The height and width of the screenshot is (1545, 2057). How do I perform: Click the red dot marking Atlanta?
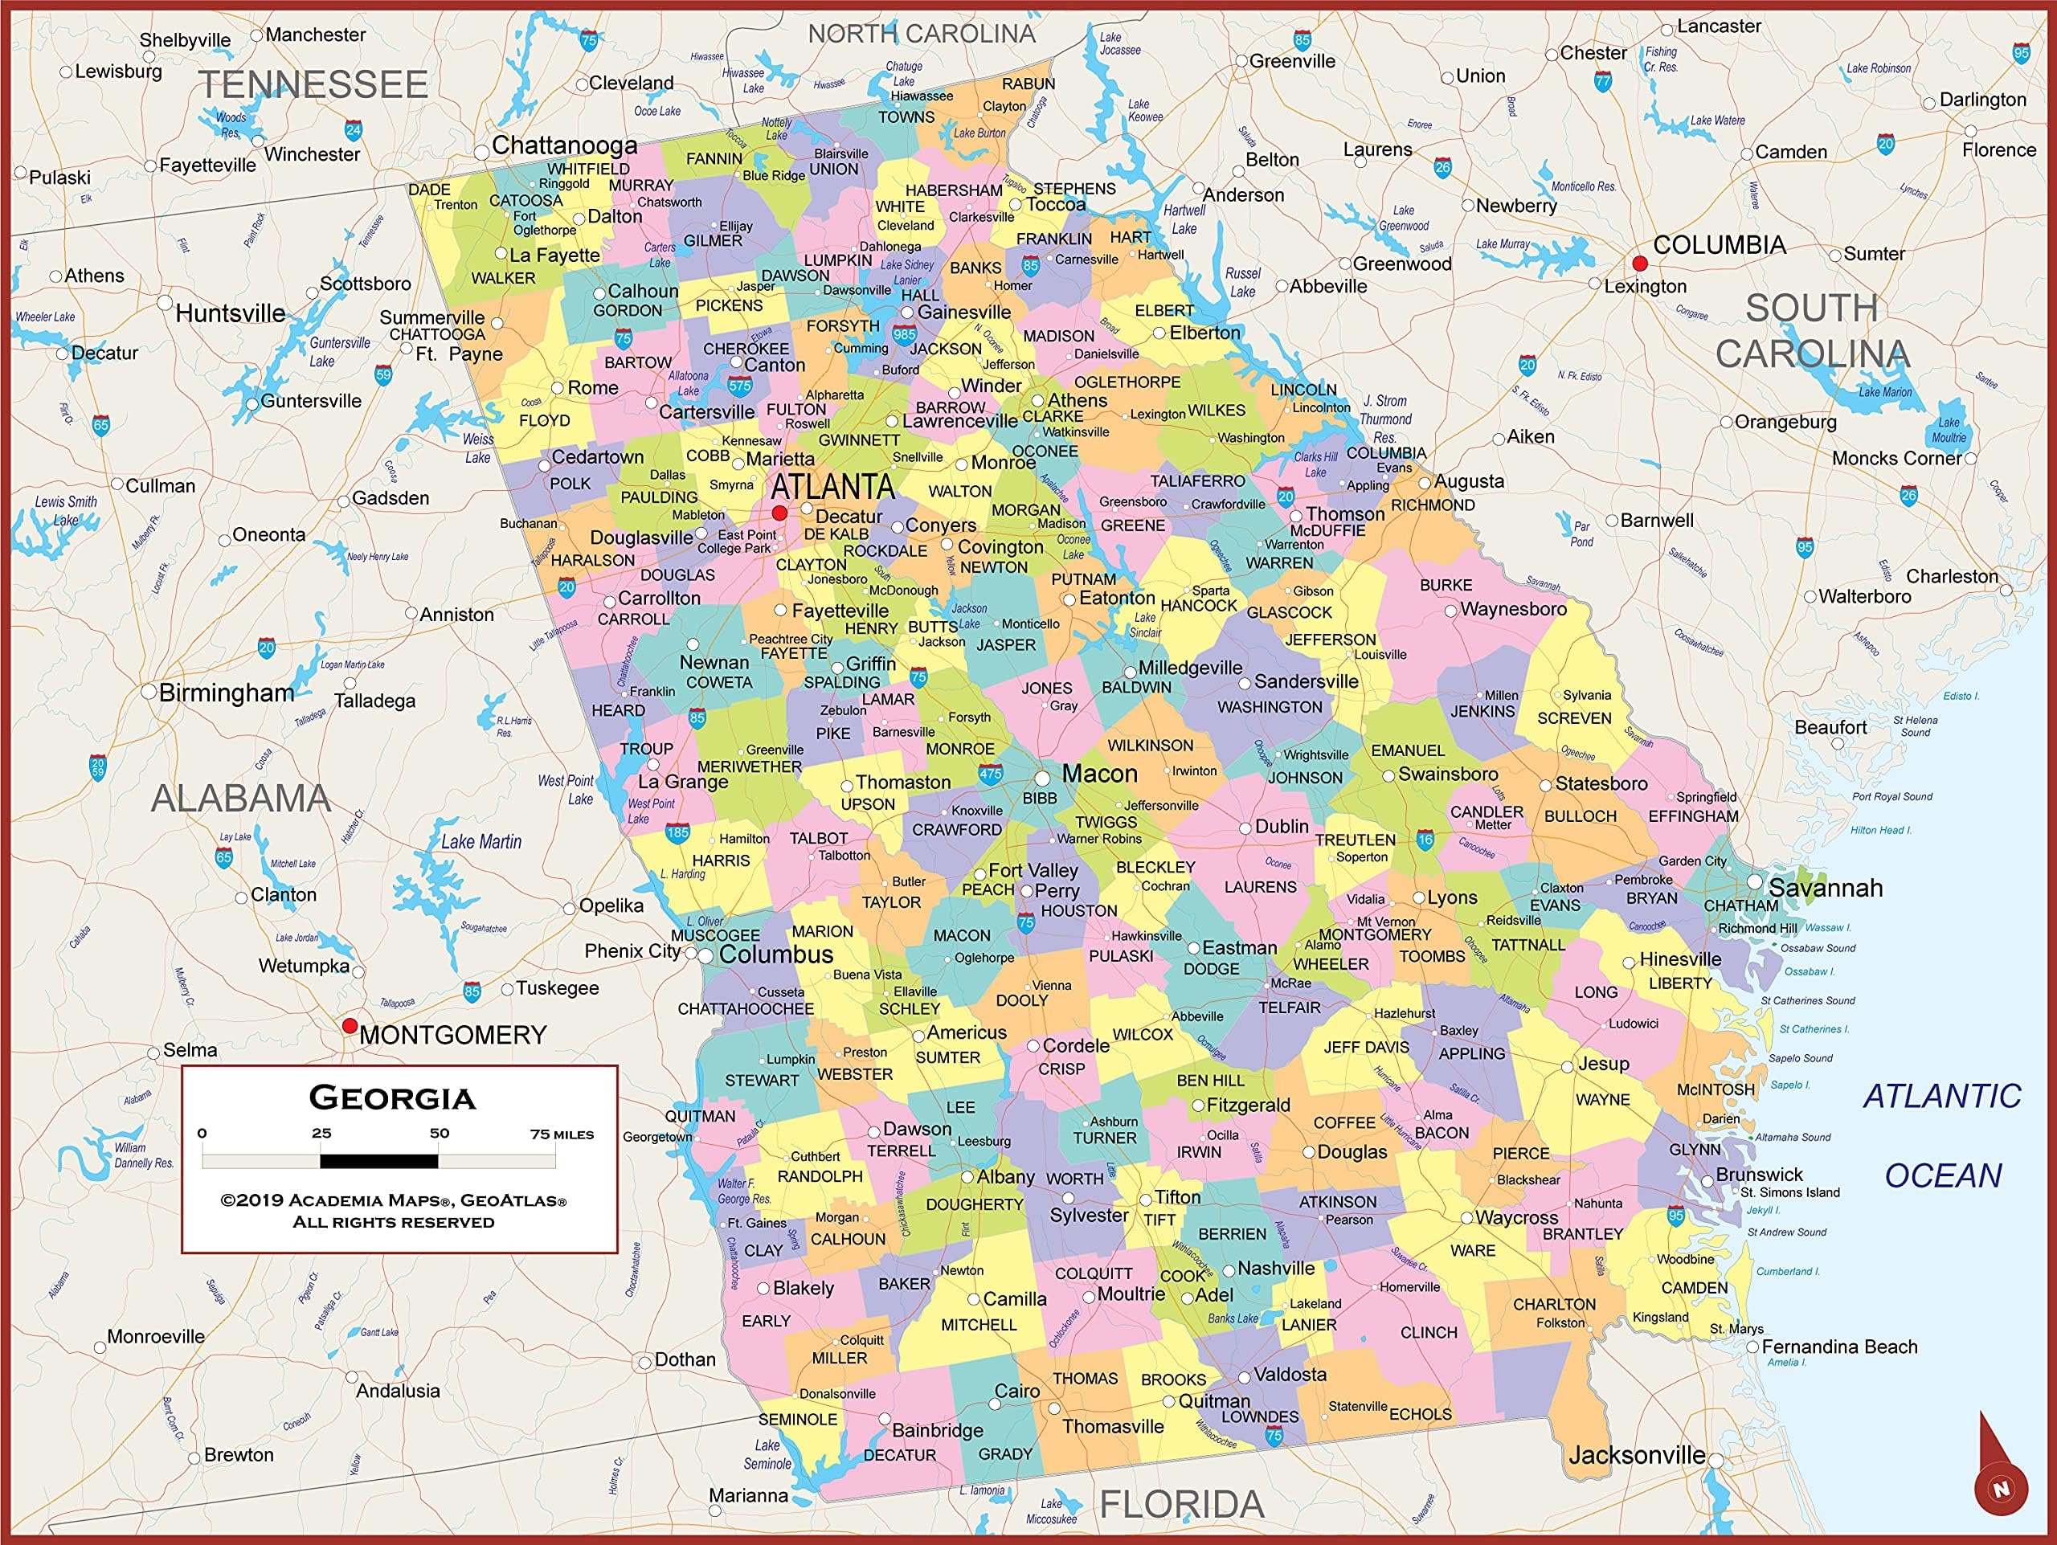tap(779, 513)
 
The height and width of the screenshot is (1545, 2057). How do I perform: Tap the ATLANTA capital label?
tap(832, 486)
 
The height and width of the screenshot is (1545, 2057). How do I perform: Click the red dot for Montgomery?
tap(350, 1025)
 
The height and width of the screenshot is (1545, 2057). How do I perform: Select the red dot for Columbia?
tap(1639, 264)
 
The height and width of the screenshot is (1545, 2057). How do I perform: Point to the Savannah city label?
tap(1825, 888)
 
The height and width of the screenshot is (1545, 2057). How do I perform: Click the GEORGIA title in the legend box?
tap(392, 1097)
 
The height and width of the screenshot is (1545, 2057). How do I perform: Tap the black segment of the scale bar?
tap(378, 1161)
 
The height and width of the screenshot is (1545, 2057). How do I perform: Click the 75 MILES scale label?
tap(562, 1134)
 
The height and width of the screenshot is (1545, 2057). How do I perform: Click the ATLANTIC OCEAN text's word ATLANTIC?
tap(1941, 1097)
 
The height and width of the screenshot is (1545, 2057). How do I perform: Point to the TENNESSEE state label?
tap(313, 84)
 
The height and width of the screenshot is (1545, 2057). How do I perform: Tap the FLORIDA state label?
tap(1181, 1504)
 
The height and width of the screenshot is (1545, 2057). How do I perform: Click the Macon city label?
tap(1099, 774)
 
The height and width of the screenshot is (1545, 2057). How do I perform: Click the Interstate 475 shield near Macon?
tap(991, 773)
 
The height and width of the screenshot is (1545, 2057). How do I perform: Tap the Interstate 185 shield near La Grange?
tap(677, 832)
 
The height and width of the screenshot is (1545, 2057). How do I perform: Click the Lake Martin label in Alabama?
tap(481, 841)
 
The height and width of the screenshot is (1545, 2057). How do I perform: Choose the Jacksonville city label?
tap(1637, 1456)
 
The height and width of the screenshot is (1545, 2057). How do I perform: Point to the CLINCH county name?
tap(1429, 1332)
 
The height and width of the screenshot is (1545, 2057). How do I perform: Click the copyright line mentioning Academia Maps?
tap(392, 1200)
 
